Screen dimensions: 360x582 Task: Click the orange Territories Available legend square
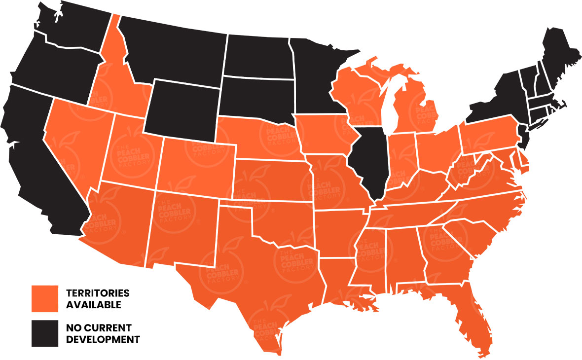(45, 298)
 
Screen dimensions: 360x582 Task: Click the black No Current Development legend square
(45, 333)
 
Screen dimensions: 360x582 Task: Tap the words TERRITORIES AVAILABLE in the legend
(98, 299)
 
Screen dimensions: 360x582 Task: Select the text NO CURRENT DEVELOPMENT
(103, 333)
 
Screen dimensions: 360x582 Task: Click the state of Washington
(74, 25)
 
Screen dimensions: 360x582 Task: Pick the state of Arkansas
(338, 232)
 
